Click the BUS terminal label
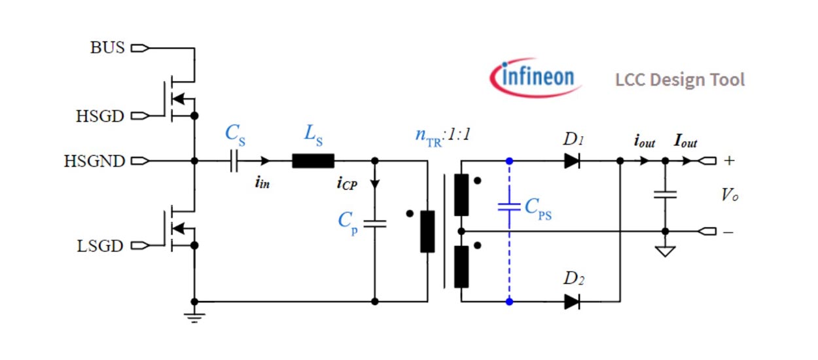coord(107,48)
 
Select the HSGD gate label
coord(99,117)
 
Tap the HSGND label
coord(94,161)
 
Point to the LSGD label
coord(99,246)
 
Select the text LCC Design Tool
coord(680,80)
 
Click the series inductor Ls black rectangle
coord(313,160)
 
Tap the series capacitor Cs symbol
coord(234,160)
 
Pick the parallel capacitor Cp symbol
coord(374,223)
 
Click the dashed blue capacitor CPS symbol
coord(509,206)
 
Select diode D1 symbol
coord(572,160)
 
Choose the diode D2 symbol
coord(572,302)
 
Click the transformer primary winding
coord(427,231)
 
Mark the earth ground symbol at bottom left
coord(194,317)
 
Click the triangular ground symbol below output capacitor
coord(665,251)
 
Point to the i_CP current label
coord(347,184)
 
